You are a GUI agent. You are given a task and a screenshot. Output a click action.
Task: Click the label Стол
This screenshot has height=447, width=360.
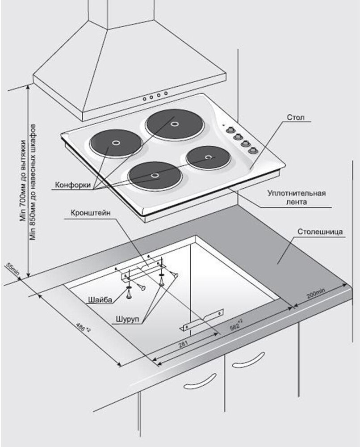tap(296, 117)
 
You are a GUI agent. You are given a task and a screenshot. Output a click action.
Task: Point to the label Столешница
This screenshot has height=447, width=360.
tap(320, 232)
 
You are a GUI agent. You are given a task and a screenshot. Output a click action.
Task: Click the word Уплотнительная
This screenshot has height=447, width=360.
tap(296, 193)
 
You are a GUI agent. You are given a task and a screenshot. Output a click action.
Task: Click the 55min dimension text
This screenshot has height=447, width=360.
tap(12, 270)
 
